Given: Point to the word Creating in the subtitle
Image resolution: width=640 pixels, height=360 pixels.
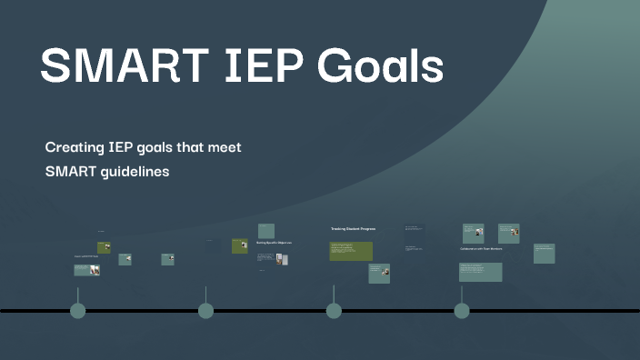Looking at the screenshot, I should pyautogui.click(x=75, y=146).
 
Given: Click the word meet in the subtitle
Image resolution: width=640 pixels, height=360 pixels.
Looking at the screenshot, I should pyautogui.click(x=224, y=146).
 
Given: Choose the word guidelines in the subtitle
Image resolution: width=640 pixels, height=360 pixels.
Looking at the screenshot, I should pyautogui.click(x=128, y=170).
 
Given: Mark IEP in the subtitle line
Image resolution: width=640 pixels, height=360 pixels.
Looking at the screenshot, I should pyautogui.click(x=118, y=146).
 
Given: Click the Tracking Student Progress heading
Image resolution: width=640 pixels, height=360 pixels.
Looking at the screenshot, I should pyautogui.click(x=353, y=229).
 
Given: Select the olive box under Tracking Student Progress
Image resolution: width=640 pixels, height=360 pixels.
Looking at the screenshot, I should pyautogui.click(x=352, y=251).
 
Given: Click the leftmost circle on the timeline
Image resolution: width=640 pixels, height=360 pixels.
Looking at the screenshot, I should pyautogui.click(x=77, y=311).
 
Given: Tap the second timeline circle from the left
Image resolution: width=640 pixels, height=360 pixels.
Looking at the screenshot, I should pyautogui.click(x=205, y=311).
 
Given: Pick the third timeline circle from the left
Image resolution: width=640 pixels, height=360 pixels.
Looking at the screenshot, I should pyautogui.click(x=334, y=311).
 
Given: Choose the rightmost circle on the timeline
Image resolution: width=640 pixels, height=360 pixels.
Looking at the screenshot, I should pyautogui.click(x=462, y=311).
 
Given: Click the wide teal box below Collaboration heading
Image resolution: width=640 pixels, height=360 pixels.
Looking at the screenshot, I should pyautogui.click(x=480, y=272).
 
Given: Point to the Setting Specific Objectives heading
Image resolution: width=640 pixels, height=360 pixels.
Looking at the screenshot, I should pyautogui.click(x=274, y=243).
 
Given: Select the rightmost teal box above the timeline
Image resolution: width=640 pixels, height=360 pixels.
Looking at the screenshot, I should pyautogui.click(x=545, y=254).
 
